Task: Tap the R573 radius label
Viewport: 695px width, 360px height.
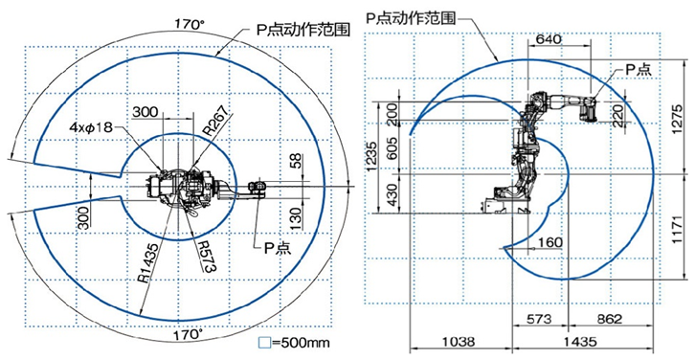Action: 204,257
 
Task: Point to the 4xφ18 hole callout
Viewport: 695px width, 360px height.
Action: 91,126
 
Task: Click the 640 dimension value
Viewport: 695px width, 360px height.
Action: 549,39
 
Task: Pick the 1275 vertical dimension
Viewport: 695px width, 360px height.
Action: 678,117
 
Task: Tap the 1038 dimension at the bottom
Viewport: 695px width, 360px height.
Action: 459,342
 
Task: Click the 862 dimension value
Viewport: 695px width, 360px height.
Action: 609,319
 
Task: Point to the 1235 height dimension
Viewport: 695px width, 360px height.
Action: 371,156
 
